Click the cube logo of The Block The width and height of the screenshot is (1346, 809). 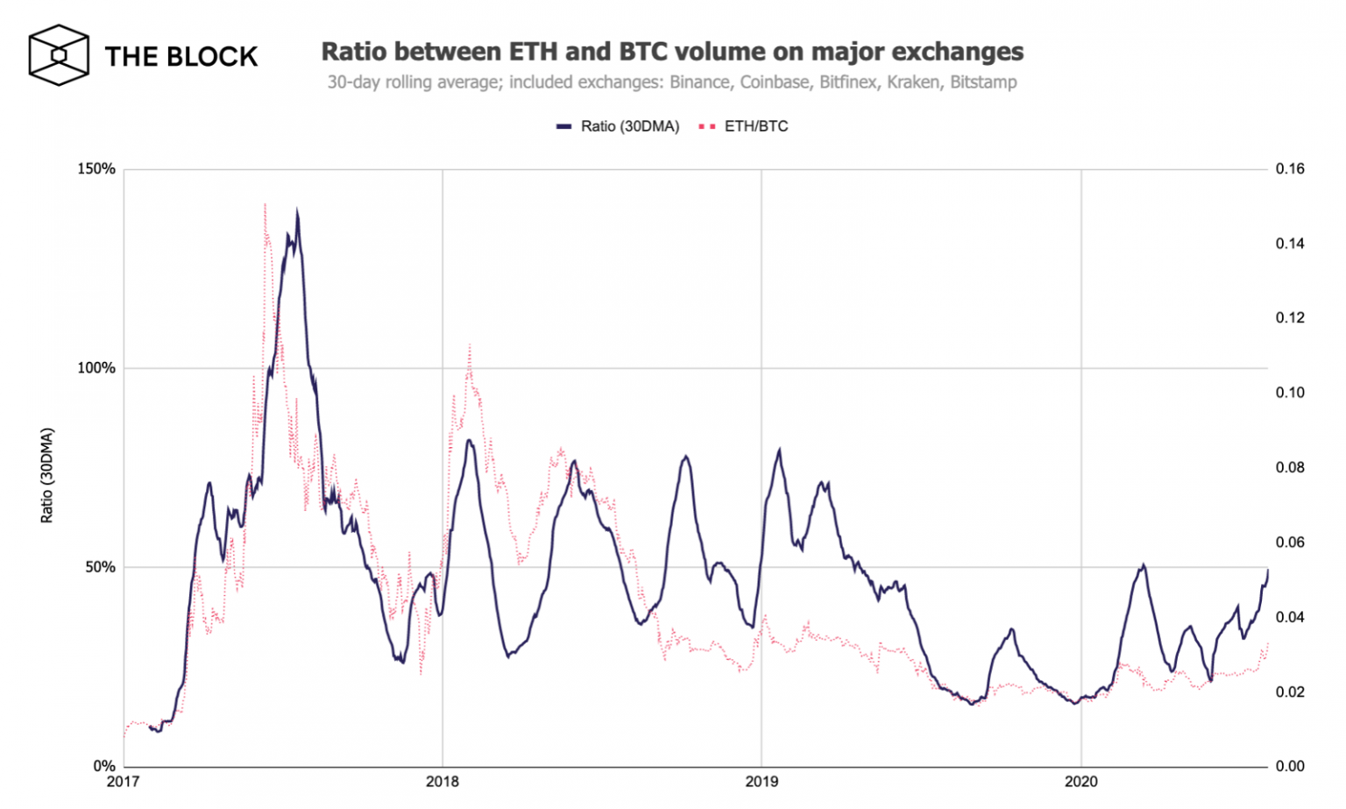tap(59, 55)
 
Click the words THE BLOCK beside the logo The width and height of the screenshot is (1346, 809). tap(181, 57)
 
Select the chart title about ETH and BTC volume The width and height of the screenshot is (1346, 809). tap(672, 52)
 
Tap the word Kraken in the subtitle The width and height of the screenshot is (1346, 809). tap(913, 82)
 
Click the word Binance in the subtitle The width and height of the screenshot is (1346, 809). tap(699, 82)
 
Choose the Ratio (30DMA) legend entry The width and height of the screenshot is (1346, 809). tap(619, 126)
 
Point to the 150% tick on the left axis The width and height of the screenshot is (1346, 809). tap(96, 169)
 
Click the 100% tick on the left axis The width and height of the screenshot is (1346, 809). tap(96, 368)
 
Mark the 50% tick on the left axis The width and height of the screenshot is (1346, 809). tap(100, 567)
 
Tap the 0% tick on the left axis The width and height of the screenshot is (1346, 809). tap(103, 766)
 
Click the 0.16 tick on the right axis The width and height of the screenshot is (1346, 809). tap(1290, 169)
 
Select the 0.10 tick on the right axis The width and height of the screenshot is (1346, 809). tap(1290, 393)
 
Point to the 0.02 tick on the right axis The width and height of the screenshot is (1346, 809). tap(1290, 692)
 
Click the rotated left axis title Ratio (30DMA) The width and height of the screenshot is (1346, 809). tap(47, 475)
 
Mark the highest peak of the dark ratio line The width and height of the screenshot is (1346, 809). tap(297, 211)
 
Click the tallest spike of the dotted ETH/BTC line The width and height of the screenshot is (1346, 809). tap(265, 205)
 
